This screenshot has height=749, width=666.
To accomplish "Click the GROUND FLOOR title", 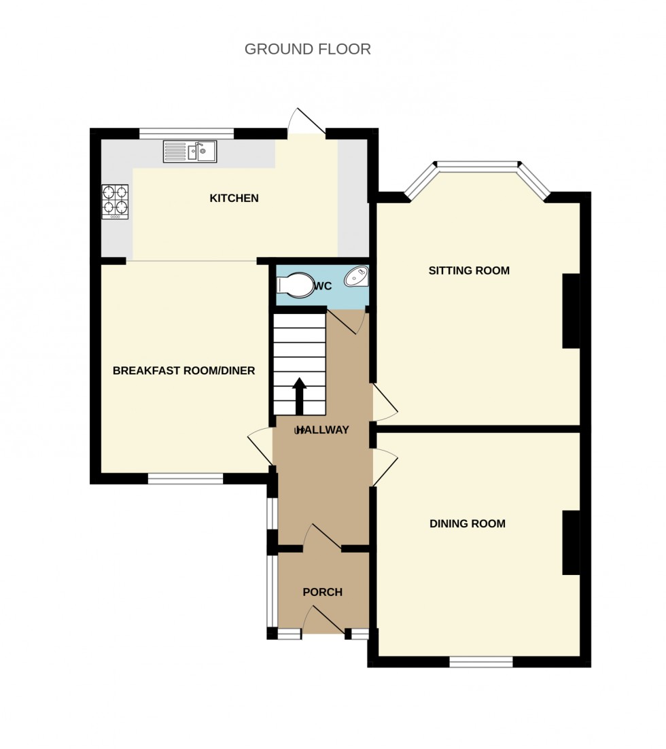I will click(307, 49).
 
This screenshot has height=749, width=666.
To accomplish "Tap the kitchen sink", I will click(190, 151).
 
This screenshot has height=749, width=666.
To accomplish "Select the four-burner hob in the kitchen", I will click(115, 201).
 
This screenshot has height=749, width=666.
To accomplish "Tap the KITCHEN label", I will click(234, 198).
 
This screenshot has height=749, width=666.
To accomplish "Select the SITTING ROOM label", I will click(469, 271).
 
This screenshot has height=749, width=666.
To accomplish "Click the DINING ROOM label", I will click(468, 524).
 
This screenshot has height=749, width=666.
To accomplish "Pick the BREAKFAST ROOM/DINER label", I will click(183, 371).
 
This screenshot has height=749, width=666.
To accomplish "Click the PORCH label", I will click(322, 593).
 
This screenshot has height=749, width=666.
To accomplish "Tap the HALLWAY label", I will click(323, 430).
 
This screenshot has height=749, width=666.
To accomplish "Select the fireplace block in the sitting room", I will click(571, 311).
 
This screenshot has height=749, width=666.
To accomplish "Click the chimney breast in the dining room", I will click(571, 542).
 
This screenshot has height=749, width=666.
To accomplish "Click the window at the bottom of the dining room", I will click(481, 662).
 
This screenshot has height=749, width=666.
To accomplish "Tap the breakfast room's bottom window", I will click(186, 479).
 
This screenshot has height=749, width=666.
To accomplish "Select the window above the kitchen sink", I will click(187, 133).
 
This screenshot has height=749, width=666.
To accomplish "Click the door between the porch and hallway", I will click(323, 537).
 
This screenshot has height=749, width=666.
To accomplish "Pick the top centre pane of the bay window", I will click(477, 164).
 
